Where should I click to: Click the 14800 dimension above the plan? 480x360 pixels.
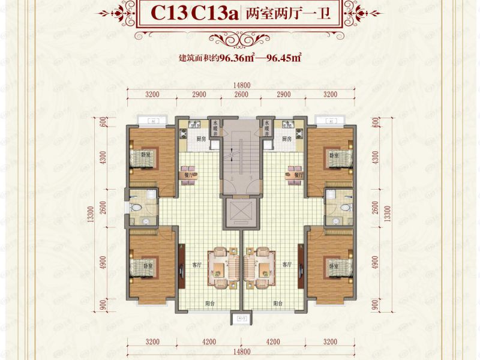coord(240,86)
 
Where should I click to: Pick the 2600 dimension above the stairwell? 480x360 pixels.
coord(241,95)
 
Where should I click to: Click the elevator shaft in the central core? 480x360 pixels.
coord(240,214)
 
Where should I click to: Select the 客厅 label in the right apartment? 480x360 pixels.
coord(286,264)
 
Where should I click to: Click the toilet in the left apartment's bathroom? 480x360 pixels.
coord(137,207)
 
